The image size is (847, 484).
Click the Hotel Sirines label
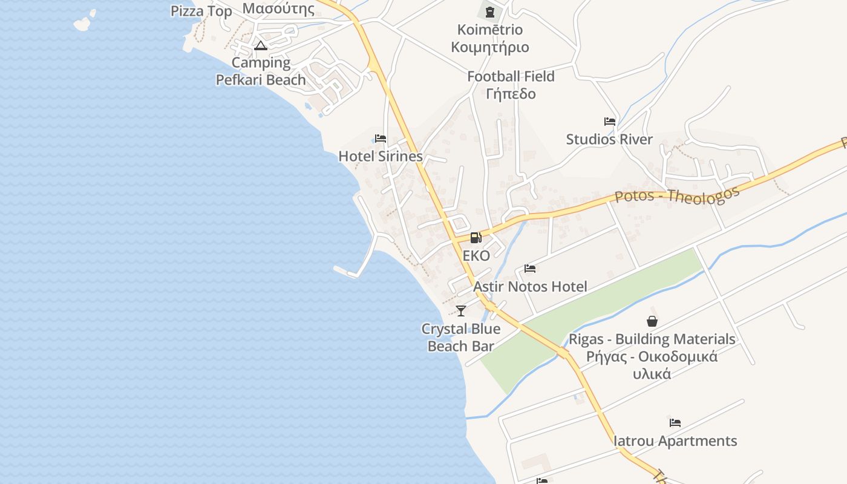(x=380, y=156)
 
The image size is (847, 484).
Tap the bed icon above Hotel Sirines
(x=381, y=139)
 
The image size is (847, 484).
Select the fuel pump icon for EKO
(x=476, y=238)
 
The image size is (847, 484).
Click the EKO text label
(x=476, y=256)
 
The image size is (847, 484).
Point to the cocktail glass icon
(x=461, y=311)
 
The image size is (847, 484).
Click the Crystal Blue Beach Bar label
(x=461, y=338)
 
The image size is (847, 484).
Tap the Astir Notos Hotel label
(x=530, y=286)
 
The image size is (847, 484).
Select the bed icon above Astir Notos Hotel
(x=530, y=269)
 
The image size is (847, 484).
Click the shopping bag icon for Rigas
(x=652, y=321)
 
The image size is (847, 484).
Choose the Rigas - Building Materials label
(x=652, y=339)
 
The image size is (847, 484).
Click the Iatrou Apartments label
(x=675, y=440)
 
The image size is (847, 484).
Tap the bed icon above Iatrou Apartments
(x=675, y=423)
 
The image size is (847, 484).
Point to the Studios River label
(x=609, y=139)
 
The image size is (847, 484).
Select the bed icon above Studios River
(x=610, y=122)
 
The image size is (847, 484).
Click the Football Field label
(x=511, y=76)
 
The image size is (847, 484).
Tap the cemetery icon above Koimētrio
(x=490, y=11)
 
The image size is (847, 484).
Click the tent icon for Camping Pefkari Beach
(x=261, y=45)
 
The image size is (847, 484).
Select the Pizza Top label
(x=201, y=11)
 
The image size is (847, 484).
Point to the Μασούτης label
(x=278, y=8)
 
